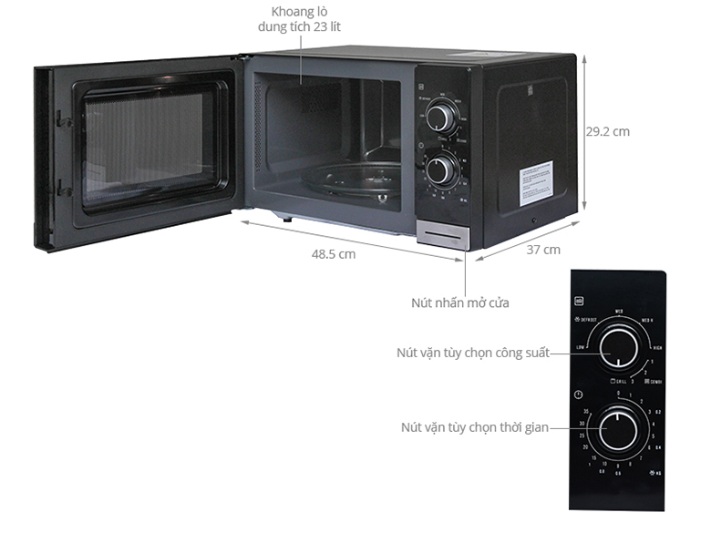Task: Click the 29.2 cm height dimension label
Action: [607, 131]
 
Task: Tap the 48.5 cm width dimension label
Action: [334, 254]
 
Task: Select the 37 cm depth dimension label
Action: [543, 250]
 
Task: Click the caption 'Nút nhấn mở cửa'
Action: [460, 302]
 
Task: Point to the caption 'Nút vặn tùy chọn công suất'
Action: [472, 353]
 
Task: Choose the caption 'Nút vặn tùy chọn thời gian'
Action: [474, 426]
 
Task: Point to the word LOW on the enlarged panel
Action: [581, 348]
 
